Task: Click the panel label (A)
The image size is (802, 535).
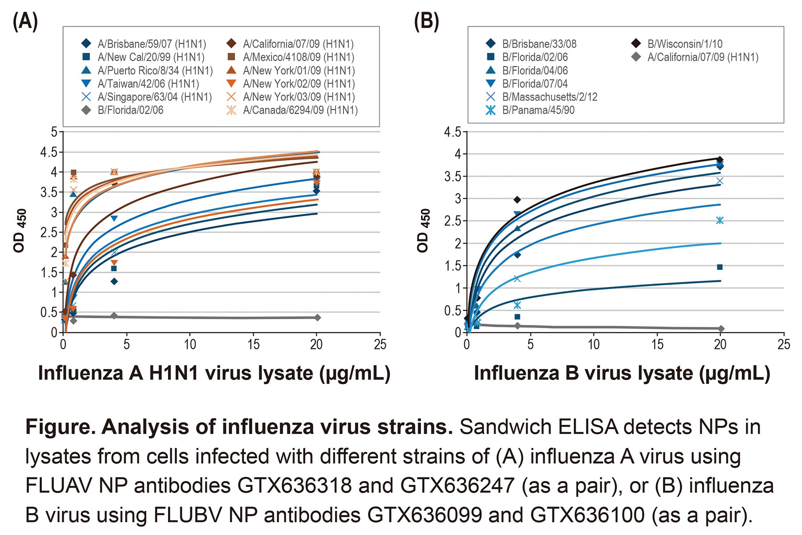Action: pos(25,21)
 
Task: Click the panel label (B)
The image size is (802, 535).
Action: pos(426,21)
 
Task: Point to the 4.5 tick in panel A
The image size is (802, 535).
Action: pos(49,152)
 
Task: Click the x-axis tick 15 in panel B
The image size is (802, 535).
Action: pos(657,344)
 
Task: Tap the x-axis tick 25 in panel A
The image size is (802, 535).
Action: pos(380,344)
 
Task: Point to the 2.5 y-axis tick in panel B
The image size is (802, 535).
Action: pos(453,221)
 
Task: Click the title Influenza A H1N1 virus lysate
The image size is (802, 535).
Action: pos(214,373)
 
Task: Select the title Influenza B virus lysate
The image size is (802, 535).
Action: pos(622,373)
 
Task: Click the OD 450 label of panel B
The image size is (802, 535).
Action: pos(423,231)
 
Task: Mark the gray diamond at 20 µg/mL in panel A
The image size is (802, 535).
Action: pos(317,317)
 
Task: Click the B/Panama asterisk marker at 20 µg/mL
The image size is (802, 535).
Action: pos(720,220)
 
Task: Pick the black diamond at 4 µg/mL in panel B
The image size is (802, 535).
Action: pos(517,200)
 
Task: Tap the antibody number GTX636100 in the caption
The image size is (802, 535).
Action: pos(587,515)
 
